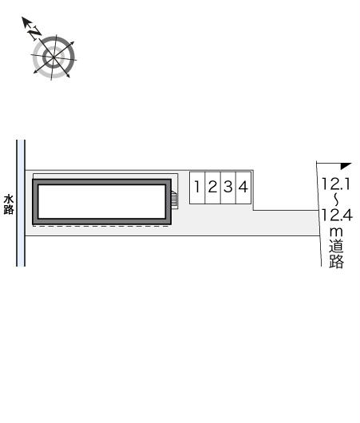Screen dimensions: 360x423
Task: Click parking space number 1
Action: pos(197,188)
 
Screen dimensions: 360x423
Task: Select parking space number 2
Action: pos(213,188)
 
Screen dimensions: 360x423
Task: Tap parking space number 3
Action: pos(228,188)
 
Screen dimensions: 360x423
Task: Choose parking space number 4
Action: pos(243,188)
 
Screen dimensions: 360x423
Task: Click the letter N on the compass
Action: pos(35,34)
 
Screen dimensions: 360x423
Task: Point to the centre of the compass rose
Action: pos(53,57)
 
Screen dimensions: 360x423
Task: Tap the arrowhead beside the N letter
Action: pos(26,22)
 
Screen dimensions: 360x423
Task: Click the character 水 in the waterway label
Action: pos(9,200)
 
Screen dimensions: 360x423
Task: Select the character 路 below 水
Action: pos(9,210)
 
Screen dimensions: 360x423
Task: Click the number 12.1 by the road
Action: pos(336,184)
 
